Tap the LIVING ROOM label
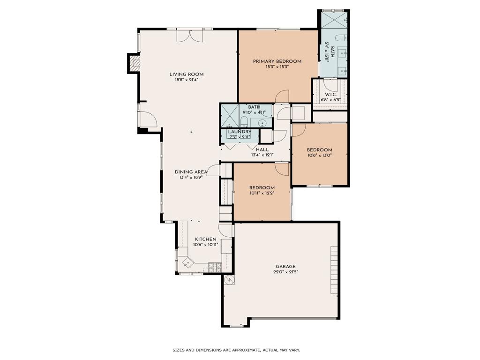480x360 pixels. click(187, 74)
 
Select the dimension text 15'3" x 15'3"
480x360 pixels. click(277, 67)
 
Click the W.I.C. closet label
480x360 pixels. click(330, 94)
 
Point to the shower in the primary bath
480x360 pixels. click(334, 19)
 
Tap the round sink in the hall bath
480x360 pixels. click(263, 123)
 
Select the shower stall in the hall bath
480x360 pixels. click(230, 116)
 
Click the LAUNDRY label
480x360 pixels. click(240, 132)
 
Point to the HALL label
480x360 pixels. click(262, 150)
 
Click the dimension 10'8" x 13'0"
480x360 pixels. click(320, 156)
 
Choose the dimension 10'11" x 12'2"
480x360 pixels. click(262, 193)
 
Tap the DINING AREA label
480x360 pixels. click(191, 172)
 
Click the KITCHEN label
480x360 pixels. click(206, 239)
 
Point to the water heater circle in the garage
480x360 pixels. click(229, 280)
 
